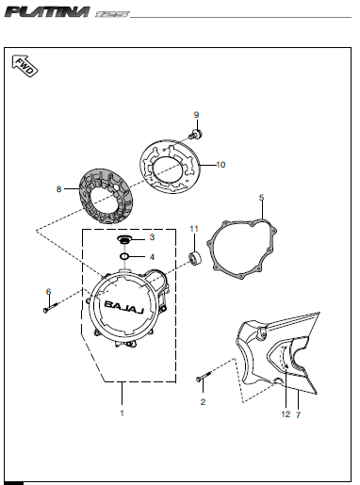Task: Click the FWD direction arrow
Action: click(25, 66)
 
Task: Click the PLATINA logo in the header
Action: click(47, 12)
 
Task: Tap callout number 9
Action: click(196, 115)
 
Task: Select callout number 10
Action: click(221, 165)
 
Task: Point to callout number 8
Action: click(58, 189)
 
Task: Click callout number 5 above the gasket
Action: click(262, 198)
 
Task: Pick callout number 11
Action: click(194, 229)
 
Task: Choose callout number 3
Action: click(152, 237)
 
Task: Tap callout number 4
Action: click(152, 257)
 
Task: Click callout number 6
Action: click(48, 292)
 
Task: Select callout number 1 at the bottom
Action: click(123, 413)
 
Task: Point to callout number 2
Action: click(203, 402)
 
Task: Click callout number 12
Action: click(286, 414)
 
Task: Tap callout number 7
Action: click(298, 415)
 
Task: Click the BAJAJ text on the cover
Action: click(124, 307)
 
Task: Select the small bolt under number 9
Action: click(195, 135)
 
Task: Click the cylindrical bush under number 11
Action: click(195, 258)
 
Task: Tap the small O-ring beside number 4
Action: click(124, 257)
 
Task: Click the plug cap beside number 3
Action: click(124, 240)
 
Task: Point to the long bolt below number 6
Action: click(51, 307)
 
